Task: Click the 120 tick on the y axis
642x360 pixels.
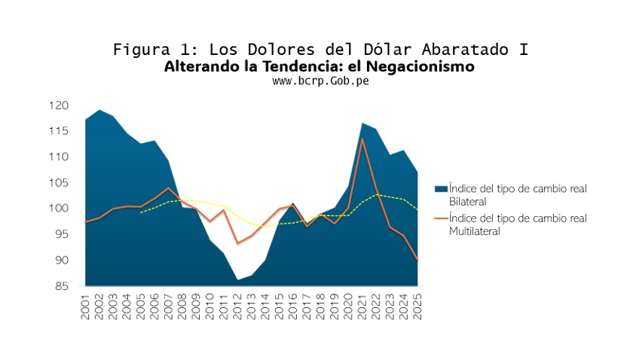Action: (59, 105)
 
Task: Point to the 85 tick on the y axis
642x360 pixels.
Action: (62, 286)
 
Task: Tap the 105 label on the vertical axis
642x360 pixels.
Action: (59, 183)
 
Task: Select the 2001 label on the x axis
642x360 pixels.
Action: (85, 307)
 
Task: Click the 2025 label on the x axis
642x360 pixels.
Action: (417, 307)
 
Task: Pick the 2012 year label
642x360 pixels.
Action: (237, 307)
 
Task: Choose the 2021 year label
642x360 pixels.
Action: (362, 307)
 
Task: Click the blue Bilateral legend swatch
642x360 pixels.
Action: (441, 188)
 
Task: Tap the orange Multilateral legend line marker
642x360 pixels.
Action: (441, 218)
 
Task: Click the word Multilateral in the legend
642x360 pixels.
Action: (475, 231)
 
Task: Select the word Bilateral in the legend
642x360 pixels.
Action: (468, 202)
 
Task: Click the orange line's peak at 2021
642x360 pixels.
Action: (362, 139)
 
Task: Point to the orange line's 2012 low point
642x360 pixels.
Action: (237, 243)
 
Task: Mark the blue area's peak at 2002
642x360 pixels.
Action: (99, 110)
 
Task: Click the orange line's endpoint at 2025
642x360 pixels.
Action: (417, 259)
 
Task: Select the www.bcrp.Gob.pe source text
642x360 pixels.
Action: (320, 81)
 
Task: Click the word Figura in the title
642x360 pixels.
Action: (141, 50)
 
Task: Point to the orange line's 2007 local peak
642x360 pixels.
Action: (168, 188)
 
